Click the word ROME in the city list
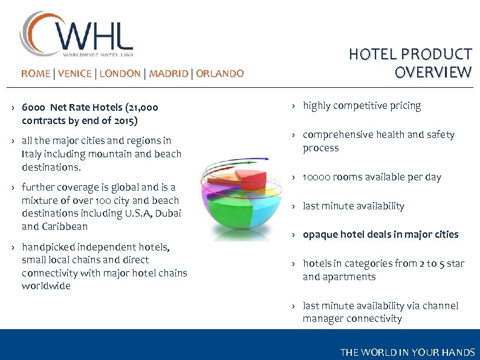tap(36, 74)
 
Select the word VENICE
tap(75, 74)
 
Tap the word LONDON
tap(120, 74)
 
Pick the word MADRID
tap(169, 74)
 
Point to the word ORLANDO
tap(220, 74)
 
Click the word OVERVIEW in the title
tap(433, 73)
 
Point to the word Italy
tap(31, 154)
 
